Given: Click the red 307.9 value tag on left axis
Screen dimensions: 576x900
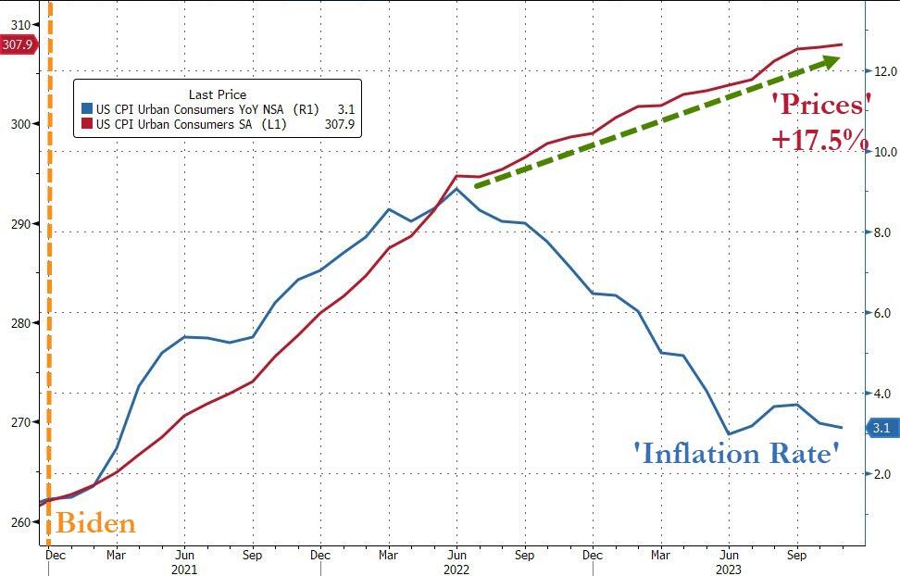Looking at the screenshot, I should pyautogui.click(x=18, y=44).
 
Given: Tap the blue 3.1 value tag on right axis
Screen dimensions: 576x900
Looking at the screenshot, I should pyautogui.click(x=881, y=428).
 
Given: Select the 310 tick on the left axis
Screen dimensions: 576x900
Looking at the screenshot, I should pyautogui.click(x=18, y=25).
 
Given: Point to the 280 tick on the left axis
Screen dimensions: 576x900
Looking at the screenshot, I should pyautogui.click(x=18, y=323).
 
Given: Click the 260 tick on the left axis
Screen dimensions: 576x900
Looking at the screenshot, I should pyautogui.click(x=18, y=522).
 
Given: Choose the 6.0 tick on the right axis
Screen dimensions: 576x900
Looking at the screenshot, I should pyautogui.click(x=881, y=314).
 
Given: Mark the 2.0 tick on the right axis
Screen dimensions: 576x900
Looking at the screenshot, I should pyautogui.click(x=881, y=475).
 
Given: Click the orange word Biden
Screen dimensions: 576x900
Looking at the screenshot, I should pyautogui.click(x=95, y=523).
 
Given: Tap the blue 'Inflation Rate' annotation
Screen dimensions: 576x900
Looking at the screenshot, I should pyautogui.click(x=736, y=453).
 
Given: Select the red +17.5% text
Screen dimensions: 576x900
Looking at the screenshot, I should pyautogui.click(x=819, y=140).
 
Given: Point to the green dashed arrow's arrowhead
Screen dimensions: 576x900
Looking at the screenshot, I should pyautogui.click(x=831, y=61).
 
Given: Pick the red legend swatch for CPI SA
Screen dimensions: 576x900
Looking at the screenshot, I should pyautogui.click(x=87, y=123).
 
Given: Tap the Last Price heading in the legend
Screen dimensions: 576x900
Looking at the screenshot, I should pyautogui.click(x=217, y=94).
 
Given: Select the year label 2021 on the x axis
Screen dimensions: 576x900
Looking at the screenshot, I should pyautogui.click(x=184, y=570).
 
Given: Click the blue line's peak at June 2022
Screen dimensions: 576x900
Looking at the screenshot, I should pyautogui.click(x=456, y=188).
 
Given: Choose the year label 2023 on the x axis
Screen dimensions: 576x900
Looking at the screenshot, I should pyautogui.click(x=728, y=570).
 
